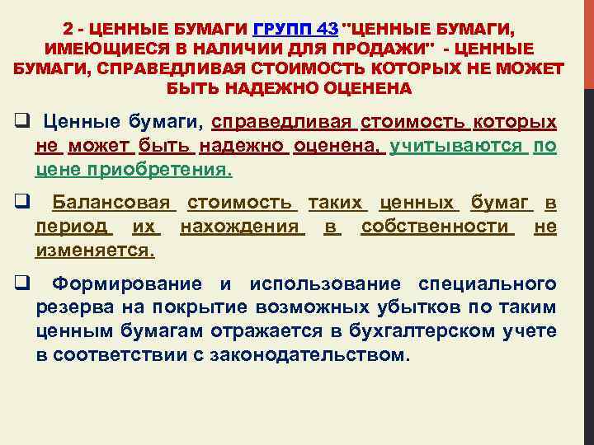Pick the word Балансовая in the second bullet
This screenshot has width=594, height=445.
tap(111, 203)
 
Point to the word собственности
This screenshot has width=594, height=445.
tap(437, 226)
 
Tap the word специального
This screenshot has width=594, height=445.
tap(487, 284)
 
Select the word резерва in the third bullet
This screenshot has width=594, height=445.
tap(67, 308)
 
